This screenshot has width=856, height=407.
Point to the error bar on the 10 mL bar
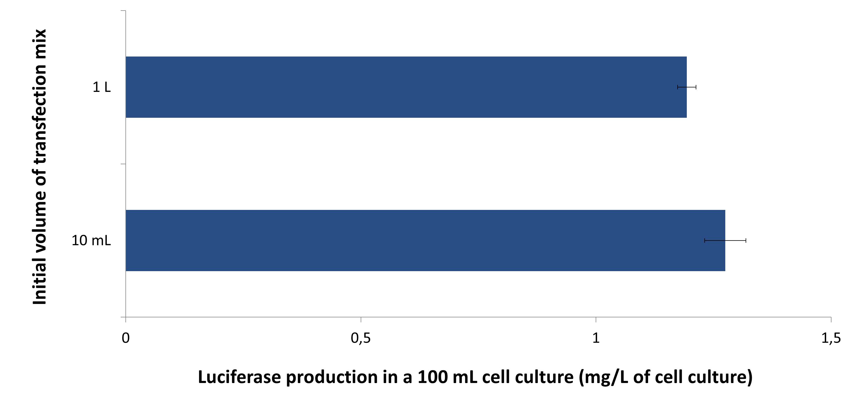pyautogui.click(x=725, y=240)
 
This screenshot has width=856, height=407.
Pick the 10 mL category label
pyautogui.click(x=91, y=240)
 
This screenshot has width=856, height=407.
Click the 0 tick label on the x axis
pyautogui.click(x=126, y=338)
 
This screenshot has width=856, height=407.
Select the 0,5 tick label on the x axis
pyautogui.click(x=360, y=338)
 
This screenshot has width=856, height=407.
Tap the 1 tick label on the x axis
pyautogui.click(x=596, y=338)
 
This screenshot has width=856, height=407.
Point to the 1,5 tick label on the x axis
pyautogui.click(x=831, y=338)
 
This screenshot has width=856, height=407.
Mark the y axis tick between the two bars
pyautogui.click(x=123, y=164)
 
